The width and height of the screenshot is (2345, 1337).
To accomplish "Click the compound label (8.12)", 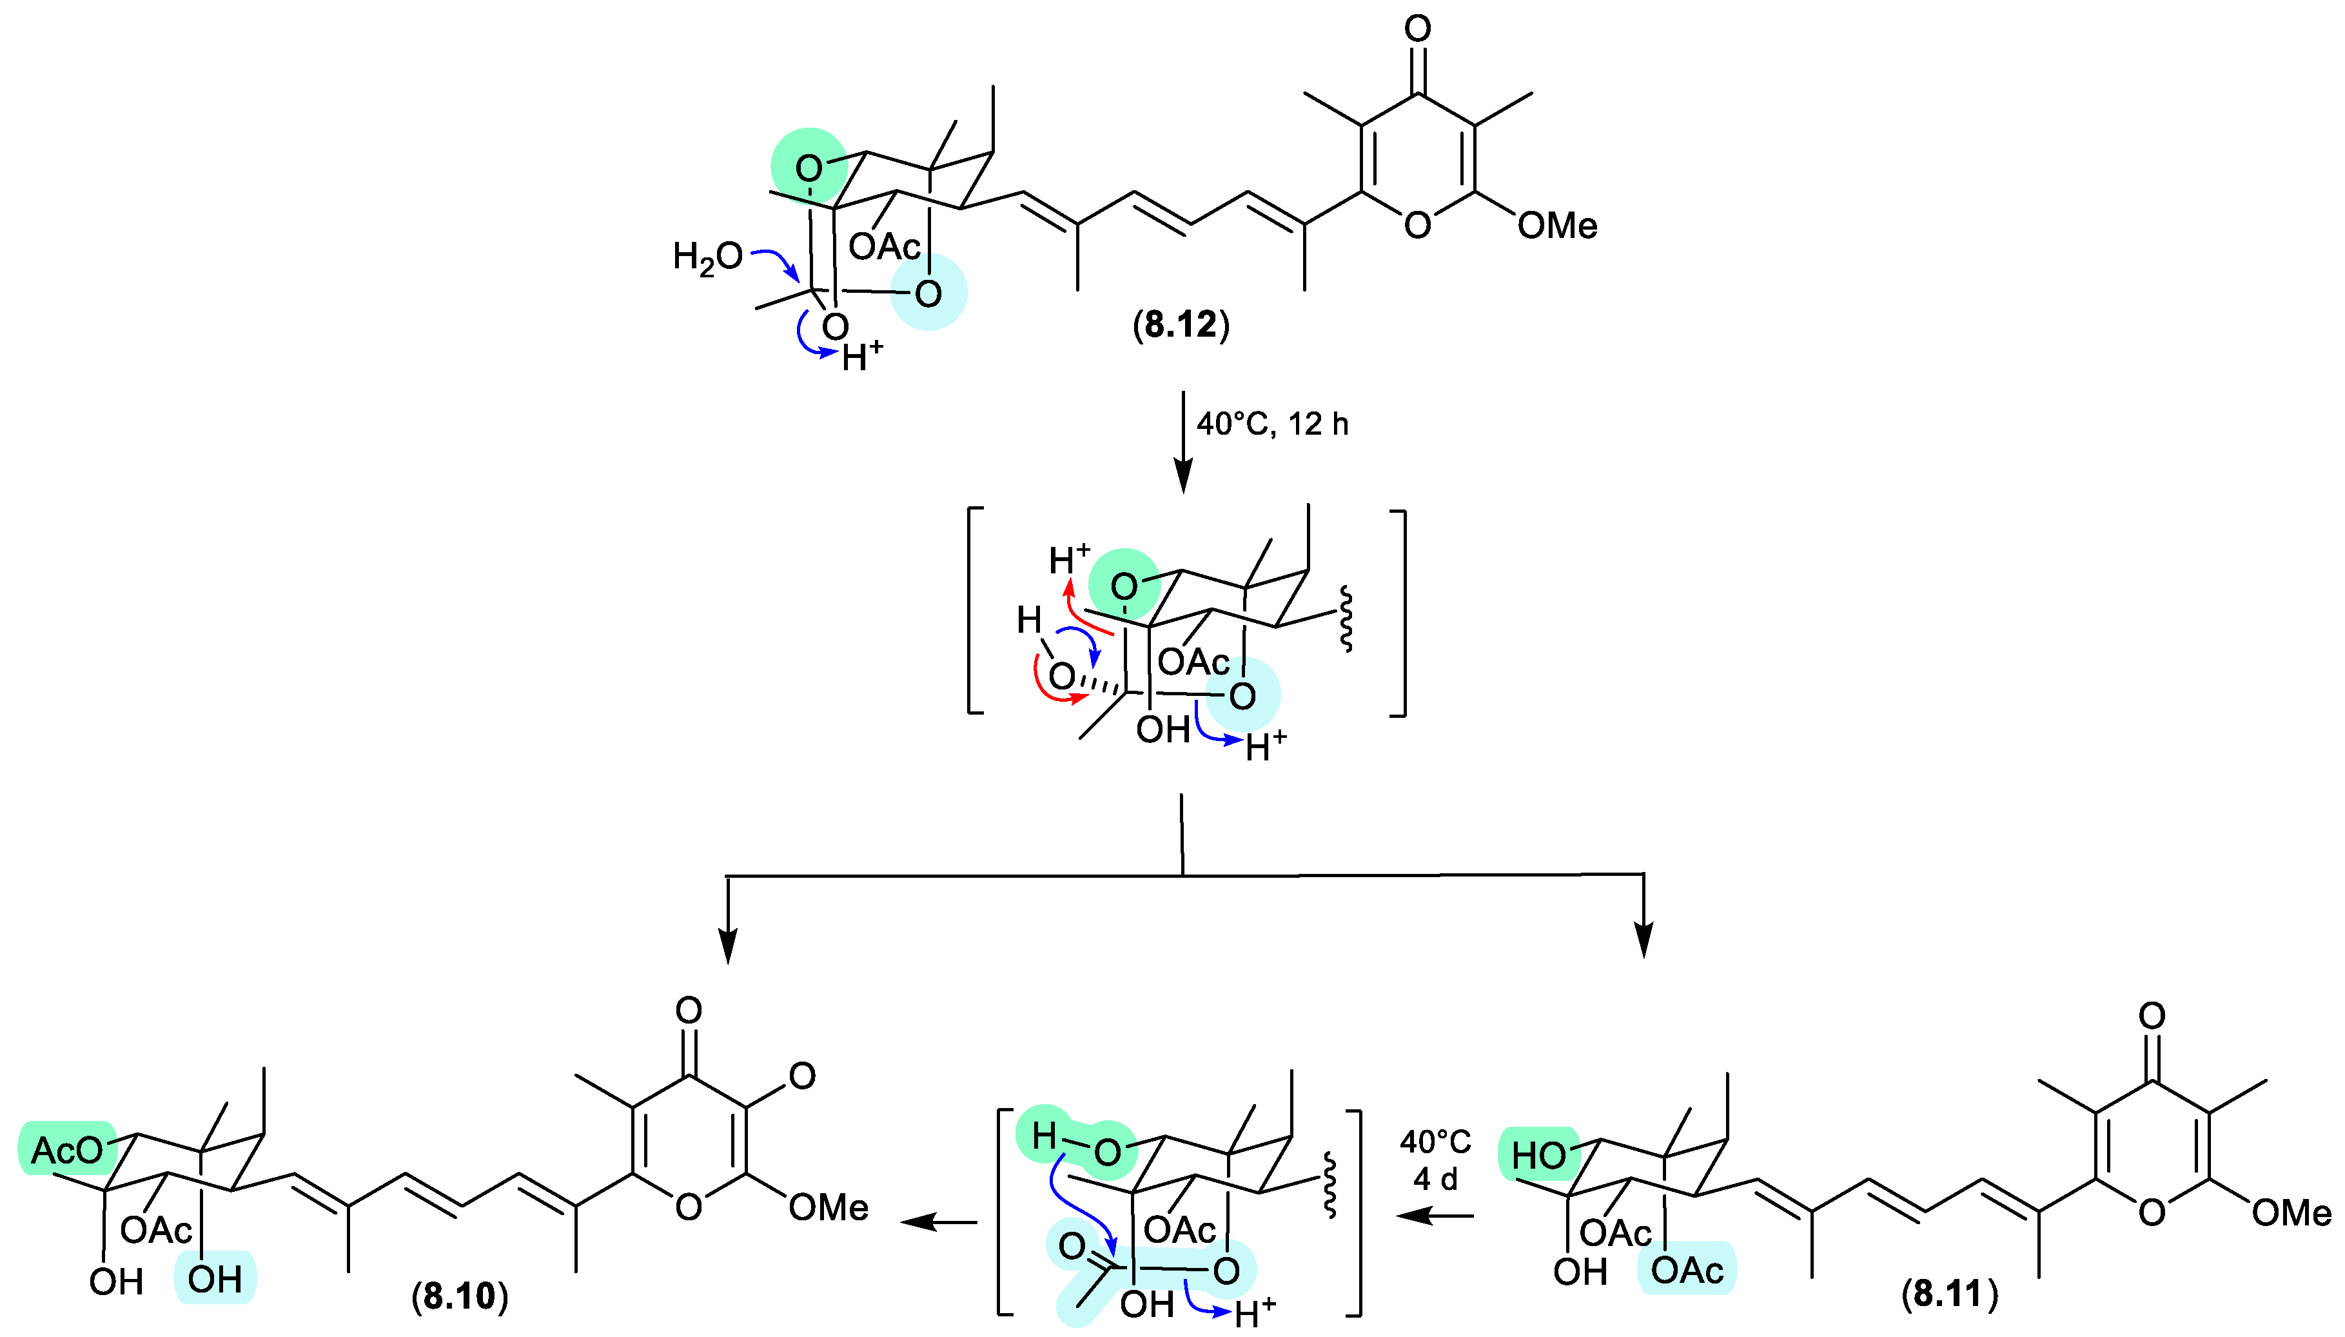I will point(1181,324).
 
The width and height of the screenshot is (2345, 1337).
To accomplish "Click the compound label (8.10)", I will point(459,1296).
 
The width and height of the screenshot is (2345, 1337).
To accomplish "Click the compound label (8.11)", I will point(1949,1293).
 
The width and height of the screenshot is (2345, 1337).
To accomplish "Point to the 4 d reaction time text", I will point(1435,1179).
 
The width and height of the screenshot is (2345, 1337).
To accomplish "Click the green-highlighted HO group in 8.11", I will point(1539,1154).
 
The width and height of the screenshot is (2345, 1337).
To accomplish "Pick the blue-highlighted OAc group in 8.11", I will point(1687,1270).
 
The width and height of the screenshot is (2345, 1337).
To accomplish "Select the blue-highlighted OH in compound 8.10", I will point(215,1278).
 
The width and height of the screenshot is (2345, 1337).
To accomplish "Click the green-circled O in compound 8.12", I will point(809,168).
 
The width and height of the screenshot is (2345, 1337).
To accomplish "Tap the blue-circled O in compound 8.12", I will point(928,294).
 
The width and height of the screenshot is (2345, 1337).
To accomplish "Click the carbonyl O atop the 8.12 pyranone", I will point(1418,30).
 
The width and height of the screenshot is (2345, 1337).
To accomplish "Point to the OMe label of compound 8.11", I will point(2291,1213).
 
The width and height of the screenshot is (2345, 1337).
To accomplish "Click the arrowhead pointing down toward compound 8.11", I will point(1643,941).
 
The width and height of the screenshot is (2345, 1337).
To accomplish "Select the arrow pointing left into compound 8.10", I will point(938,1222).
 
